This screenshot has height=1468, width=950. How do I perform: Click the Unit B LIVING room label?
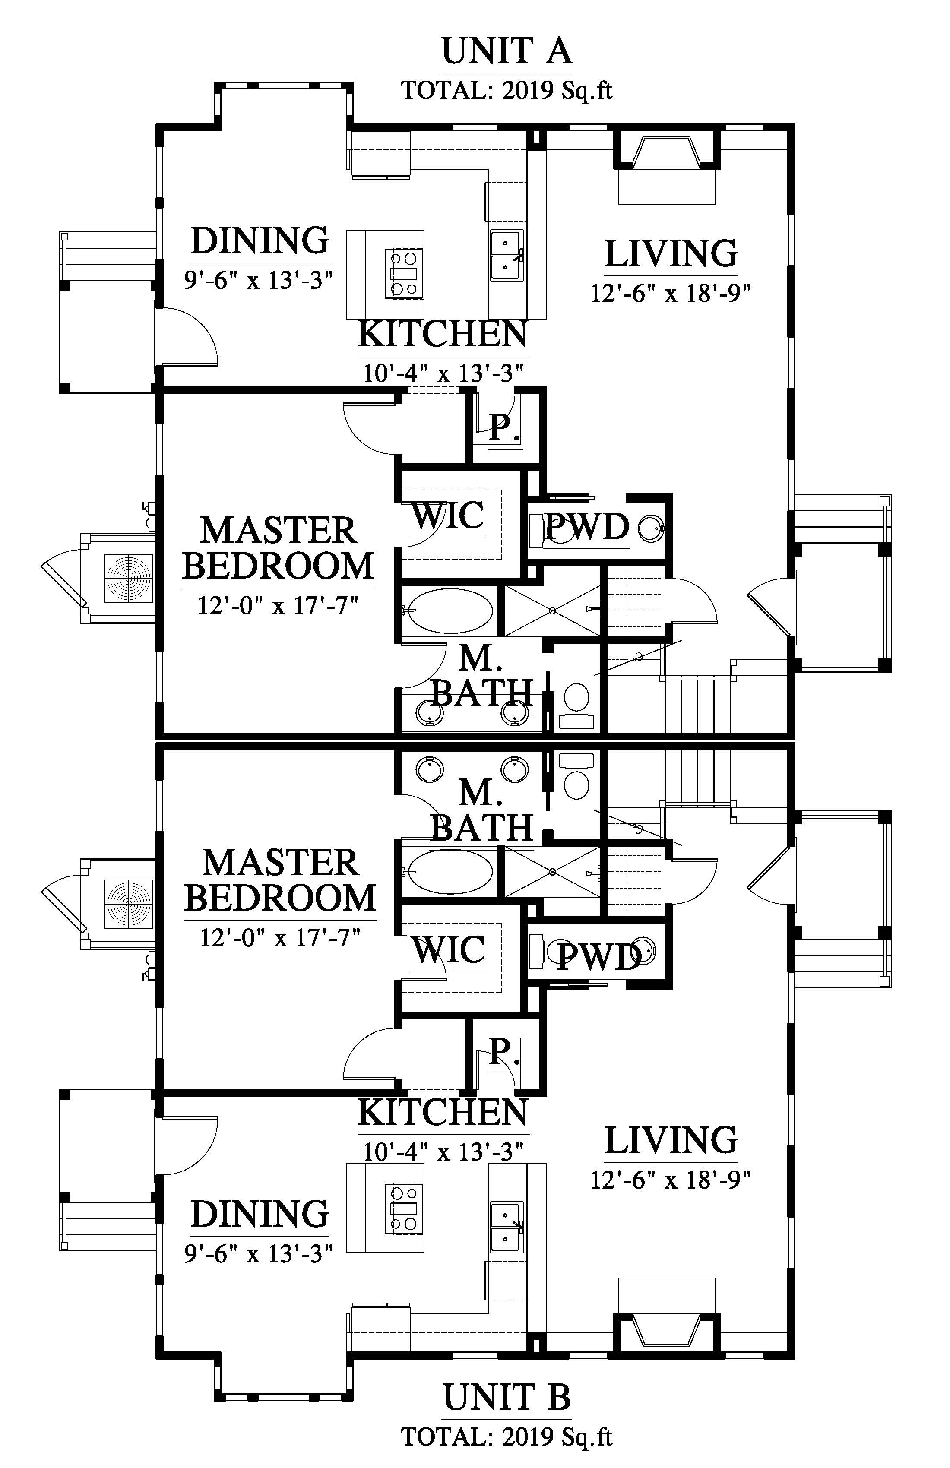coord(671,1140)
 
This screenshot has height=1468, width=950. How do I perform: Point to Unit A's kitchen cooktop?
coord(403,274)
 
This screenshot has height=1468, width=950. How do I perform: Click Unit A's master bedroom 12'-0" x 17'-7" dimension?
coord(278,605)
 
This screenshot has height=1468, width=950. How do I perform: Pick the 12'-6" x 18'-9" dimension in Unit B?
coord(671,1180)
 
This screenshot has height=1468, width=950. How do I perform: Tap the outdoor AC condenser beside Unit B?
coord(128,903)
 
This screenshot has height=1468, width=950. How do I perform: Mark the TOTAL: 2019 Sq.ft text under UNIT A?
coord(507,91)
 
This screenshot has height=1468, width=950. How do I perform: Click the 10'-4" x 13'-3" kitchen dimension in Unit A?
coord(443,373)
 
